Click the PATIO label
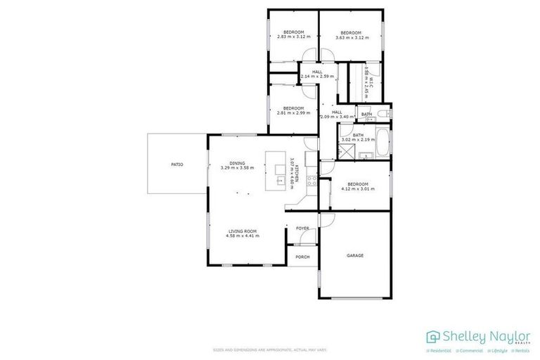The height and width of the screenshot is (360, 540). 177,165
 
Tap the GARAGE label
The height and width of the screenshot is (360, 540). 355,255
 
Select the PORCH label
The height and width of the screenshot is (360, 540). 302,257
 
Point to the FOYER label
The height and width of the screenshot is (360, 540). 302,229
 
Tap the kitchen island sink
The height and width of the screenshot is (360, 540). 280,181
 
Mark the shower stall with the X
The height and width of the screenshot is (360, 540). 347,150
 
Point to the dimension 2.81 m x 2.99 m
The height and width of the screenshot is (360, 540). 293,113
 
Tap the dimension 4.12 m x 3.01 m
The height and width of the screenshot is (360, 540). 354,188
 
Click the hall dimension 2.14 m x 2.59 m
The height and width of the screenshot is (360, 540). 317,76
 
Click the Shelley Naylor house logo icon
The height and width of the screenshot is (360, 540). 433,335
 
